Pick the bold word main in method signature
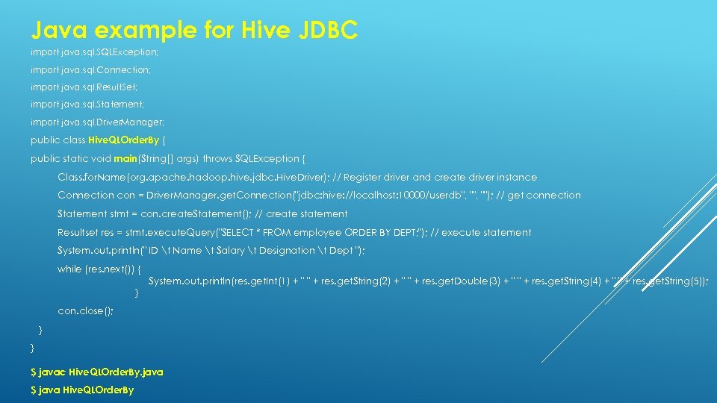pyautogui.click(x=125, y=158)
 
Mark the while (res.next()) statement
pyautogui.click(x=99, y=269)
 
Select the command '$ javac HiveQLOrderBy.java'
pyautogui.click(x=97, y=371)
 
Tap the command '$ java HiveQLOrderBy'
pyautogui.click(x=82, y=390)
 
